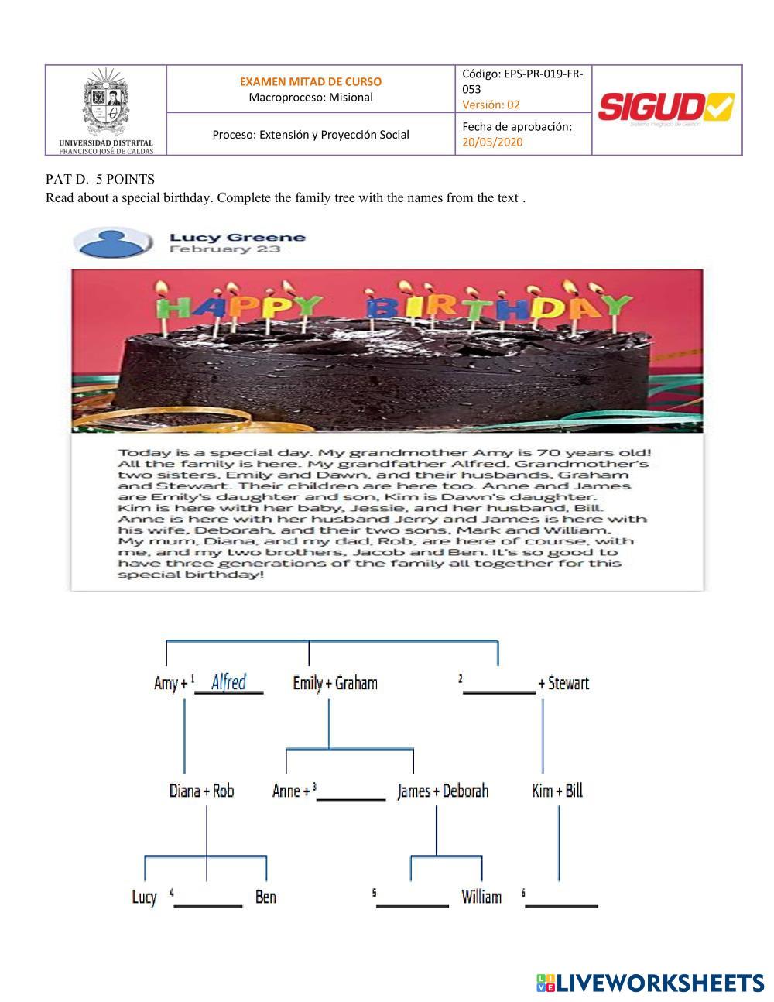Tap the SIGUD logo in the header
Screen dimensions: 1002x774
[x=666, y=108]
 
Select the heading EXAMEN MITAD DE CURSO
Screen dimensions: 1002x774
[x=310, y=81]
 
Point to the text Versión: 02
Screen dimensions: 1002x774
[x=491, y=105]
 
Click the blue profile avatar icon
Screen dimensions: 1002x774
[x=117, y=243]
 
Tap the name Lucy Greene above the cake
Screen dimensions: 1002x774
[x=238, y=238]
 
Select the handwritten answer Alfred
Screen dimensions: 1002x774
[x=228, y=682]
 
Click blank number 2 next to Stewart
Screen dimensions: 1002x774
[x=499, y=685]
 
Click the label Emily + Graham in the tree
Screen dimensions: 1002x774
[x=335, y=683]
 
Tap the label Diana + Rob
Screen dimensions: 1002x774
[x=201, y=791]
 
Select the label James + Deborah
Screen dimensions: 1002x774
[x=443, y=791]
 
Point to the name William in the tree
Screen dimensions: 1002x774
[x=481, y=897]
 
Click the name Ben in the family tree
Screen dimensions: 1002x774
[x=265, y=897]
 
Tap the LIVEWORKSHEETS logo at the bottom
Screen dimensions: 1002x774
[x=650, y=983]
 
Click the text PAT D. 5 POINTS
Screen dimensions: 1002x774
[x=100, y=180]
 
